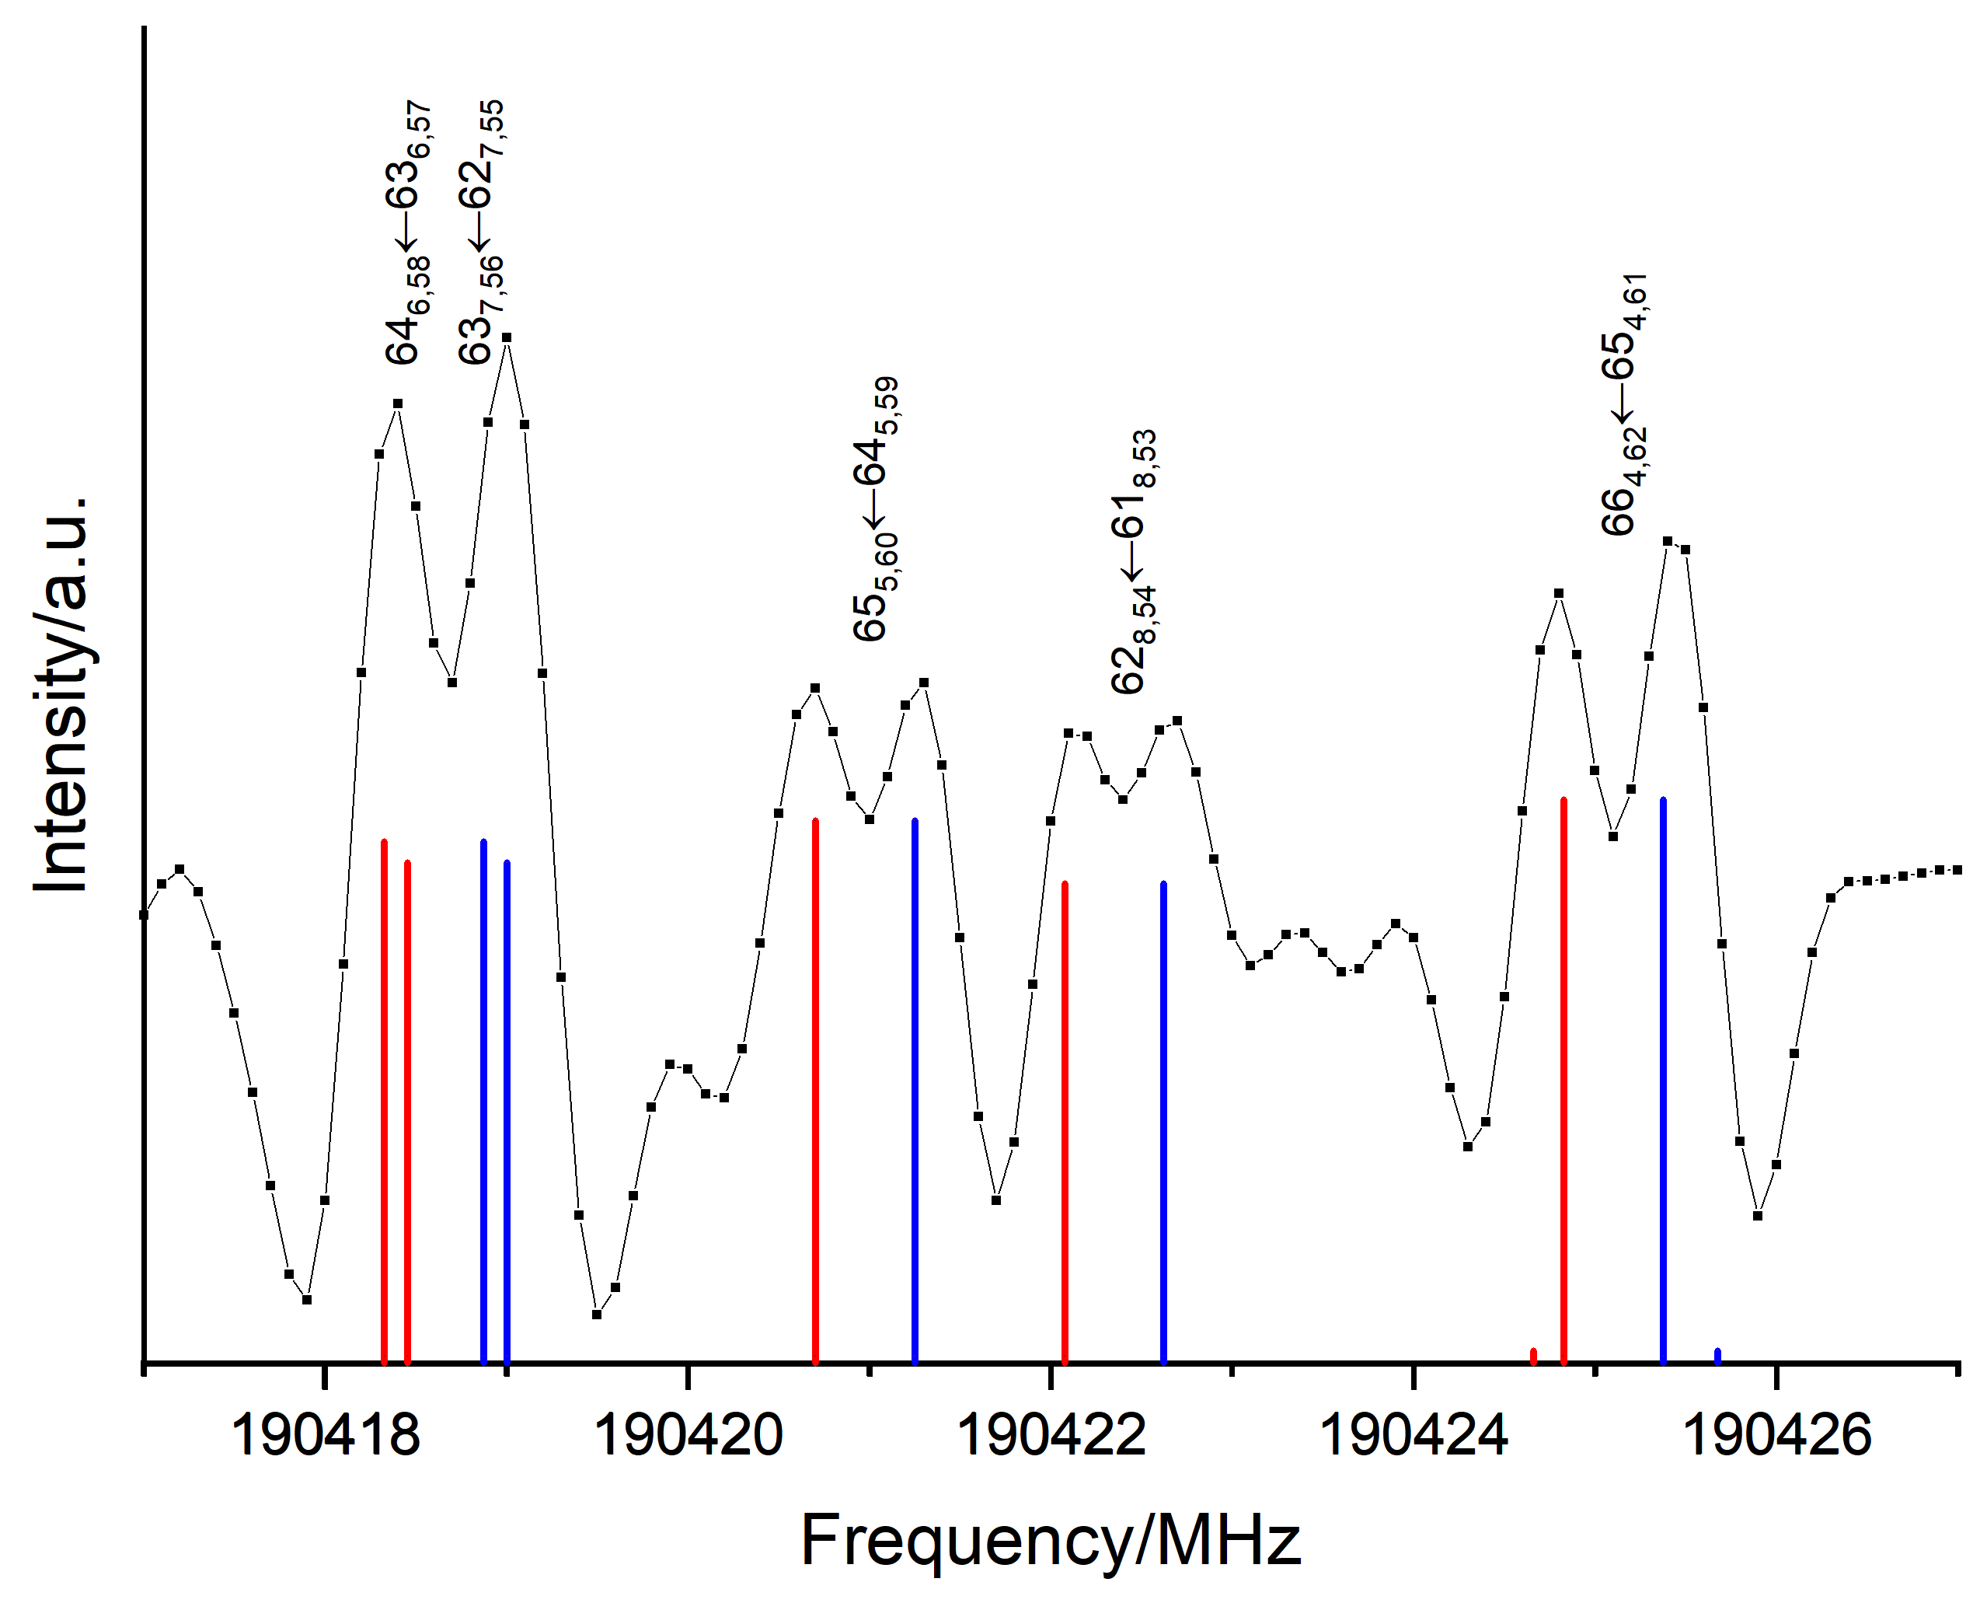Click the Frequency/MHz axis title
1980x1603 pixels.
pos(1050,1540)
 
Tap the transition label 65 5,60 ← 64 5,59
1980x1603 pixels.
pos(874,508)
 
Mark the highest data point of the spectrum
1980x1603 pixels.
pos(507,338)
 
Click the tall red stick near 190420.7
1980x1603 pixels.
pos(815,1090)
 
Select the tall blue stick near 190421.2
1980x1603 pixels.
pos(915,1090)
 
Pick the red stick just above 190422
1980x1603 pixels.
pos(1065,1122)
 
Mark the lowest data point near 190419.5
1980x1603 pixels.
pos(598,1314)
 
